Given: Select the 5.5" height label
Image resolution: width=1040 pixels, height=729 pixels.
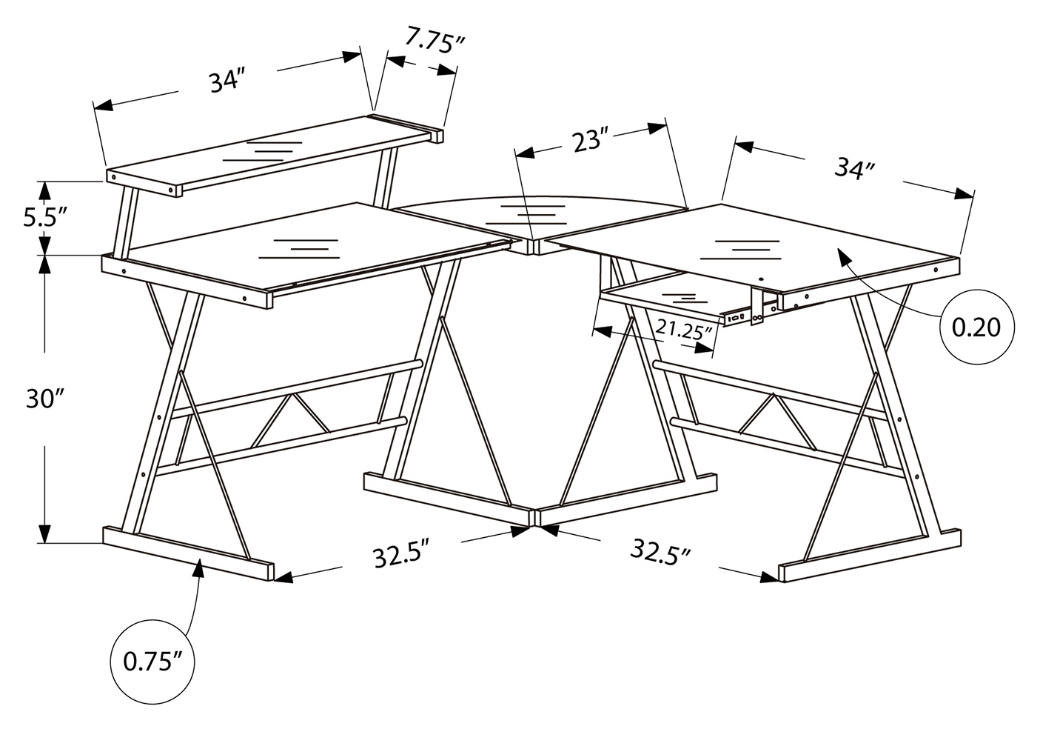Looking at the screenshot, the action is pyautogui.click(x=46, y=218).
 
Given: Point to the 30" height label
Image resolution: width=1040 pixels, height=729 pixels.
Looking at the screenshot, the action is pyautogui.click(x=45, y=399).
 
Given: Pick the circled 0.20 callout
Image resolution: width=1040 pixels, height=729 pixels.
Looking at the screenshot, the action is pyautogui.click(x=977, y=327).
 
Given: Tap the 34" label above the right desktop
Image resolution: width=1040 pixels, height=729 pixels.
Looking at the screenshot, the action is pyautogui.click(x=854, y=168).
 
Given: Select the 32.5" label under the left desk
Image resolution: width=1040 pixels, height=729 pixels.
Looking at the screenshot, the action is pyautogui.click(x=400, y=553).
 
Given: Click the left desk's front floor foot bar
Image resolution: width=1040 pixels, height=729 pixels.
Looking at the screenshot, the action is pyautogui.click(x=189, y=553).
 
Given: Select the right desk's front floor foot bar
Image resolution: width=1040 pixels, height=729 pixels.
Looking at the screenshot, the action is pyautogui.click(x=869, y=555).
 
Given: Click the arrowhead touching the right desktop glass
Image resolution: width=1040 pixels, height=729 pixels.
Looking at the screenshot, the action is pyautogui.click(x=845, y=256).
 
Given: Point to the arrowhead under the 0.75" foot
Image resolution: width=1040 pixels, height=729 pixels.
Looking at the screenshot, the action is pyautogui.click(x=200, y=569).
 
